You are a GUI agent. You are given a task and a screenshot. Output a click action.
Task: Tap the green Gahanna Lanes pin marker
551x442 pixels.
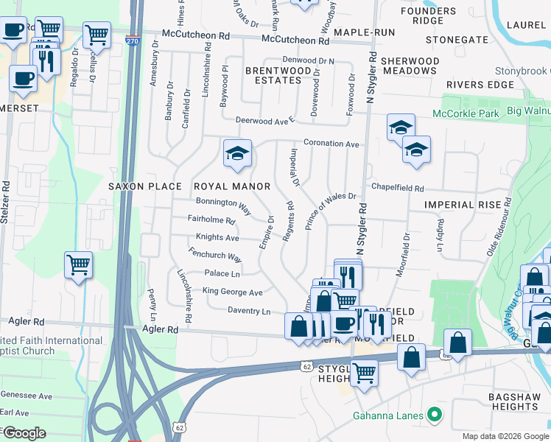[x=435, y=415]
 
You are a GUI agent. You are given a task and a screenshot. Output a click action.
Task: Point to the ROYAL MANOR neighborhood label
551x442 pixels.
[x=231, y=186]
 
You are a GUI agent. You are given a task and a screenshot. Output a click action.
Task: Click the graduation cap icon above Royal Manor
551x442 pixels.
[x=238, y=153]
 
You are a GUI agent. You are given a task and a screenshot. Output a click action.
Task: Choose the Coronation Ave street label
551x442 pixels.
[x=331, y=144]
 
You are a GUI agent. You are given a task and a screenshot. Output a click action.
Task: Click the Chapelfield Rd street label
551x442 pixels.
[x=398, y=189]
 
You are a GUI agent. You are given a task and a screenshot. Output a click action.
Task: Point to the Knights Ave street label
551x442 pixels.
[x=217, y=238]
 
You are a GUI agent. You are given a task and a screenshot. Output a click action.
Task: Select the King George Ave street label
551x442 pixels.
[x=232, y=292]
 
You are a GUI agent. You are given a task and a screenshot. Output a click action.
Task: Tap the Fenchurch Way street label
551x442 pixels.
[x=215, y=256]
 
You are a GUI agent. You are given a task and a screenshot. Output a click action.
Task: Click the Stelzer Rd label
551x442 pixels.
[x=7, y=199]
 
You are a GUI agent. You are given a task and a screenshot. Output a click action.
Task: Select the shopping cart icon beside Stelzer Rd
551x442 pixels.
[x=78, y=264]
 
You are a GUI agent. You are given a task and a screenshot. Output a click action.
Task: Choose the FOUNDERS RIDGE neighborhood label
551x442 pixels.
[x=432, y=16]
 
